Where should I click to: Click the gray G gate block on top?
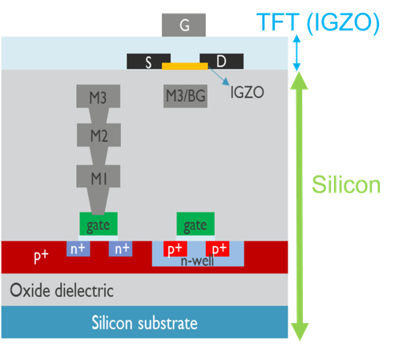(x=183, y=25)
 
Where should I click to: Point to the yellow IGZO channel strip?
(x=185, y=66)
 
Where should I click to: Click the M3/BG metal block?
(x=185, y=96)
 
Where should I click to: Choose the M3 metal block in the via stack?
(x=99, y=96)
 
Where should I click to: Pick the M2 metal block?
(x=99, y=135)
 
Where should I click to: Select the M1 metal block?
(x=99, y=176)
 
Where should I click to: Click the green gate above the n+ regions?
(x=99, y=224)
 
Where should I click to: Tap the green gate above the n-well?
(x=195, y=224)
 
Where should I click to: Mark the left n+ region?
(x=79, y=249)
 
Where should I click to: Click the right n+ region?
(x=120, y=249)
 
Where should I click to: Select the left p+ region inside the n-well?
(x=175, y=249)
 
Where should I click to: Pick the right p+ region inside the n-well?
(x=217, y=249)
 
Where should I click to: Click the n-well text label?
(x=197, y=261)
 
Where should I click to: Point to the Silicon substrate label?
(x=144, y=323)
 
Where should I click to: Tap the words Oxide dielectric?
(x=62, y=290)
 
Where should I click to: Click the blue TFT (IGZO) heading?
(x=318, y=22)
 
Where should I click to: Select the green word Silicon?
(x=346, y=184)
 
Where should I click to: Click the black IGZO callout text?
(x=247, y=92)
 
